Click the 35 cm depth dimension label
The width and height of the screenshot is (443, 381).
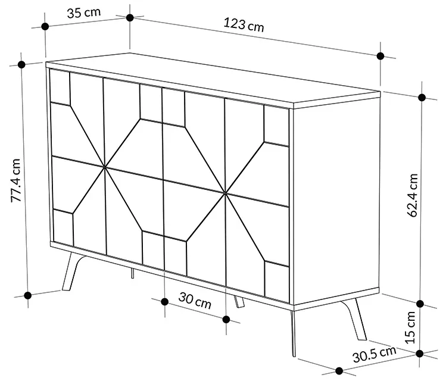point(83,13)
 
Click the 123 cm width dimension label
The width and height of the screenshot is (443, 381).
point(244,24)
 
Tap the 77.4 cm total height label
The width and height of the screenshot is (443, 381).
point(16,180)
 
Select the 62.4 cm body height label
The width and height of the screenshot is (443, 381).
point(412,195)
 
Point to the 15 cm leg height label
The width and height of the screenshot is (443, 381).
point(410,327)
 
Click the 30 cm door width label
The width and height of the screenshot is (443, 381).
point(195,301)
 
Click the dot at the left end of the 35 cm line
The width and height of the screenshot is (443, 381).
point(45,26)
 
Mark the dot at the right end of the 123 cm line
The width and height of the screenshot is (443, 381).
point(380,56)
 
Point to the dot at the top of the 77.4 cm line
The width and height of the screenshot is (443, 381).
point(21,64)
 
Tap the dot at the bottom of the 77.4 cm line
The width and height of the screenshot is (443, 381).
point(27,295)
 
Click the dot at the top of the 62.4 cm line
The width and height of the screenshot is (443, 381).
point(422,98)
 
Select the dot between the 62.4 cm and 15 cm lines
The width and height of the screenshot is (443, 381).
point(420,304)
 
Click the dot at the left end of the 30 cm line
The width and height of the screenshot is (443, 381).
point(165,302)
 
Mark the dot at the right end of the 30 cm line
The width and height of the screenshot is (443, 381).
point(226,320)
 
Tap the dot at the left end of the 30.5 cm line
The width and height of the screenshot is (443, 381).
point(339,371)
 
